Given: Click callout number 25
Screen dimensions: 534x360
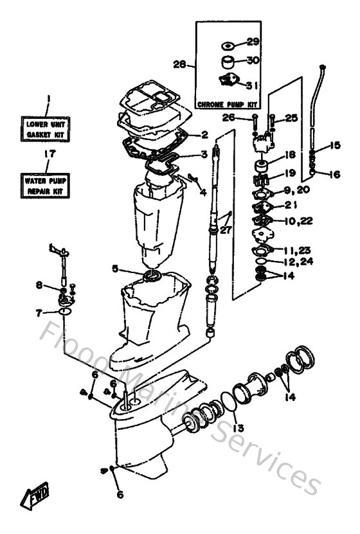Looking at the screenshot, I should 291,118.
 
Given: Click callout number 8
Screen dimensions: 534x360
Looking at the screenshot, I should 40,285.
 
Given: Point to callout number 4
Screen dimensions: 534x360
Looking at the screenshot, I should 203,191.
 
